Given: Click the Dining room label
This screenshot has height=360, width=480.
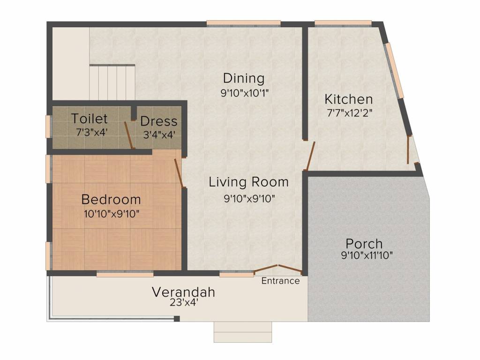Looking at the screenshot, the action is pyautogui.click(x=244, y=78).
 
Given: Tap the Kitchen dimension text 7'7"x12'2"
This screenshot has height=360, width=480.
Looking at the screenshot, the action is pyautogui.click(x=349, y=113).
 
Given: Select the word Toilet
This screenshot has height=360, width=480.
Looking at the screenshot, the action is pyautogui.click(x=90, y=119).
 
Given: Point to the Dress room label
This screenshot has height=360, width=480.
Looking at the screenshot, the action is pyautogui.click(x=158, y=121).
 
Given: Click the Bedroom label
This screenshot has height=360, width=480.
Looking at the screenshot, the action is pyautogui.click(x=111, y=199).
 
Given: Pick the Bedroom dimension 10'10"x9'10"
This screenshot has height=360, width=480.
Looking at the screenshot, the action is pyautogui.click(x=112, y=214).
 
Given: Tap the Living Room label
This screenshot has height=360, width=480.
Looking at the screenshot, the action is pyautogui.click(x=248, y=182).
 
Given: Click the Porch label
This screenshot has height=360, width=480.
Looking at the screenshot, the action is pyautogui.click(x=364, y=244).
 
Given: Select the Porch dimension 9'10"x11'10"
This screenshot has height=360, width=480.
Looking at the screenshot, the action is pyautogui.click(x=367, y=255).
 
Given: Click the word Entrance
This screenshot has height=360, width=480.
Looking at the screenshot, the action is pyautogui.click(x=280, y=281).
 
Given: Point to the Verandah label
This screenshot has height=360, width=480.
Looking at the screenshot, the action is pyautogui.click(x=183, y=292).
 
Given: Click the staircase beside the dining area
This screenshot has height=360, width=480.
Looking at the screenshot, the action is pyautogui.click(x=112, y=82).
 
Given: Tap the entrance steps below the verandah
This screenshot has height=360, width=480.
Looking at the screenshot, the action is pyautogui.click(x=243, y=332).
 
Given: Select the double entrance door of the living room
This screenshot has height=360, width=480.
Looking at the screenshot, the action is pyautogui.click(x=278, y=269).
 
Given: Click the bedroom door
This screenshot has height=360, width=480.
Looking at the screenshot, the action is pyautogui.click(x=179, y=173).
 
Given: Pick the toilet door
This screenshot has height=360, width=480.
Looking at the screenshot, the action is pyautogui.click(x=129, y=135).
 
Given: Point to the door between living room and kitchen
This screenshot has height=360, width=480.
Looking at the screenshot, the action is pyautogui.click(x=310, y=156).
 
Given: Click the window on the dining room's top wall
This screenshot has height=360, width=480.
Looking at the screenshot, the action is pyautogui.click(x=244, y=23).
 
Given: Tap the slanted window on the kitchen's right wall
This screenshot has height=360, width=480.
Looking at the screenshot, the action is pyautogui.click(x=394, y=71).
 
